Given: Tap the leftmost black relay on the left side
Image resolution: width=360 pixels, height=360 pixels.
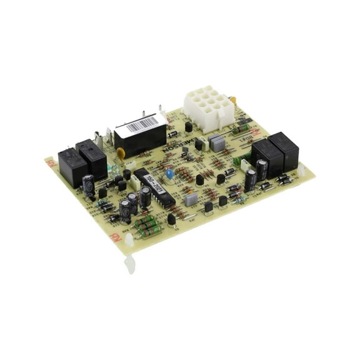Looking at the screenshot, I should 72,167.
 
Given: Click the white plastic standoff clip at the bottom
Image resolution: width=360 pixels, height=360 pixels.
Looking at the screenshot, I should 129,264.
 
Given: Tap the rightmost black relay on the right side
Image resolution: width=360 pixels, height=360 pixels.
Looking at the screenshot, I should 286,150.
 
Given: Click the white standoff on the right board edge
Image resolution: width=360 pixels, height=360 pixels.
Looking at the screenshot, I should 304,169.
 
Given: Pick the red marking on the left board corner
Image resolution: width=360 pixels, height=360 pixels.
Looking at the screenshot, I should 51,162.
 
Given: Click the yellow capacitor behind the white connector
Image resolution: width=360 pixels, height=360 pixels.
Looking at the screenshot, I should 233,100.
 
